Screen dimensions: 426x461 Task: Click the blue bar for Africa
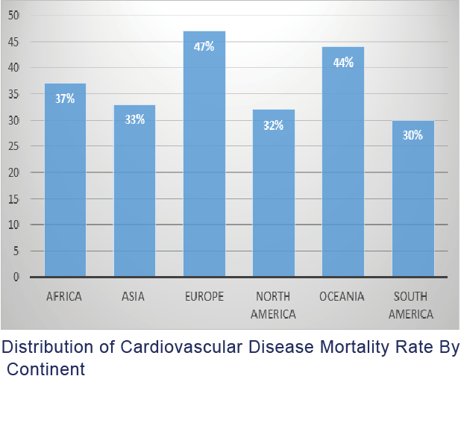pos(65,187)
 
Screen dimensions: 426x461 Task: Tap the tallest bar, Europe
pos(204,164)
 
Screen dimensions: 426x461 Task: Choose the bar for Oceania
pos(342,172)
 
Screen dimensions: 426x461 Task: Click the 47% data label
pos(204,47)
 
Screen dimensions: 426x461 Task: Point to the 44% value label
pos(343,63)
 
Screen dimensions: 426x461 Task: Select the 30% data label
pos(413,135)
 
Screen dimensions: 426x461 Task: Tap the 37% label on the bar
pos(65,98)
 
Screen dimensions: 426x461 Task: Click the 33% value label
pos(134,119)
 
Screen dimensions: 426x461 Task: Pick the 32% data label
pos(273,125)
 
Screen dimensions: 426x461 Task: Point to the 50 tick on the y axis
pos(16,16)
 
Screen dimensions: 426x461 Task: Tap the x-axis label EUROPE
pos(204,297)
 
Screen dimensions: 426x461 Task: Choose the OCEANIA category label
pos(342,297)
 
